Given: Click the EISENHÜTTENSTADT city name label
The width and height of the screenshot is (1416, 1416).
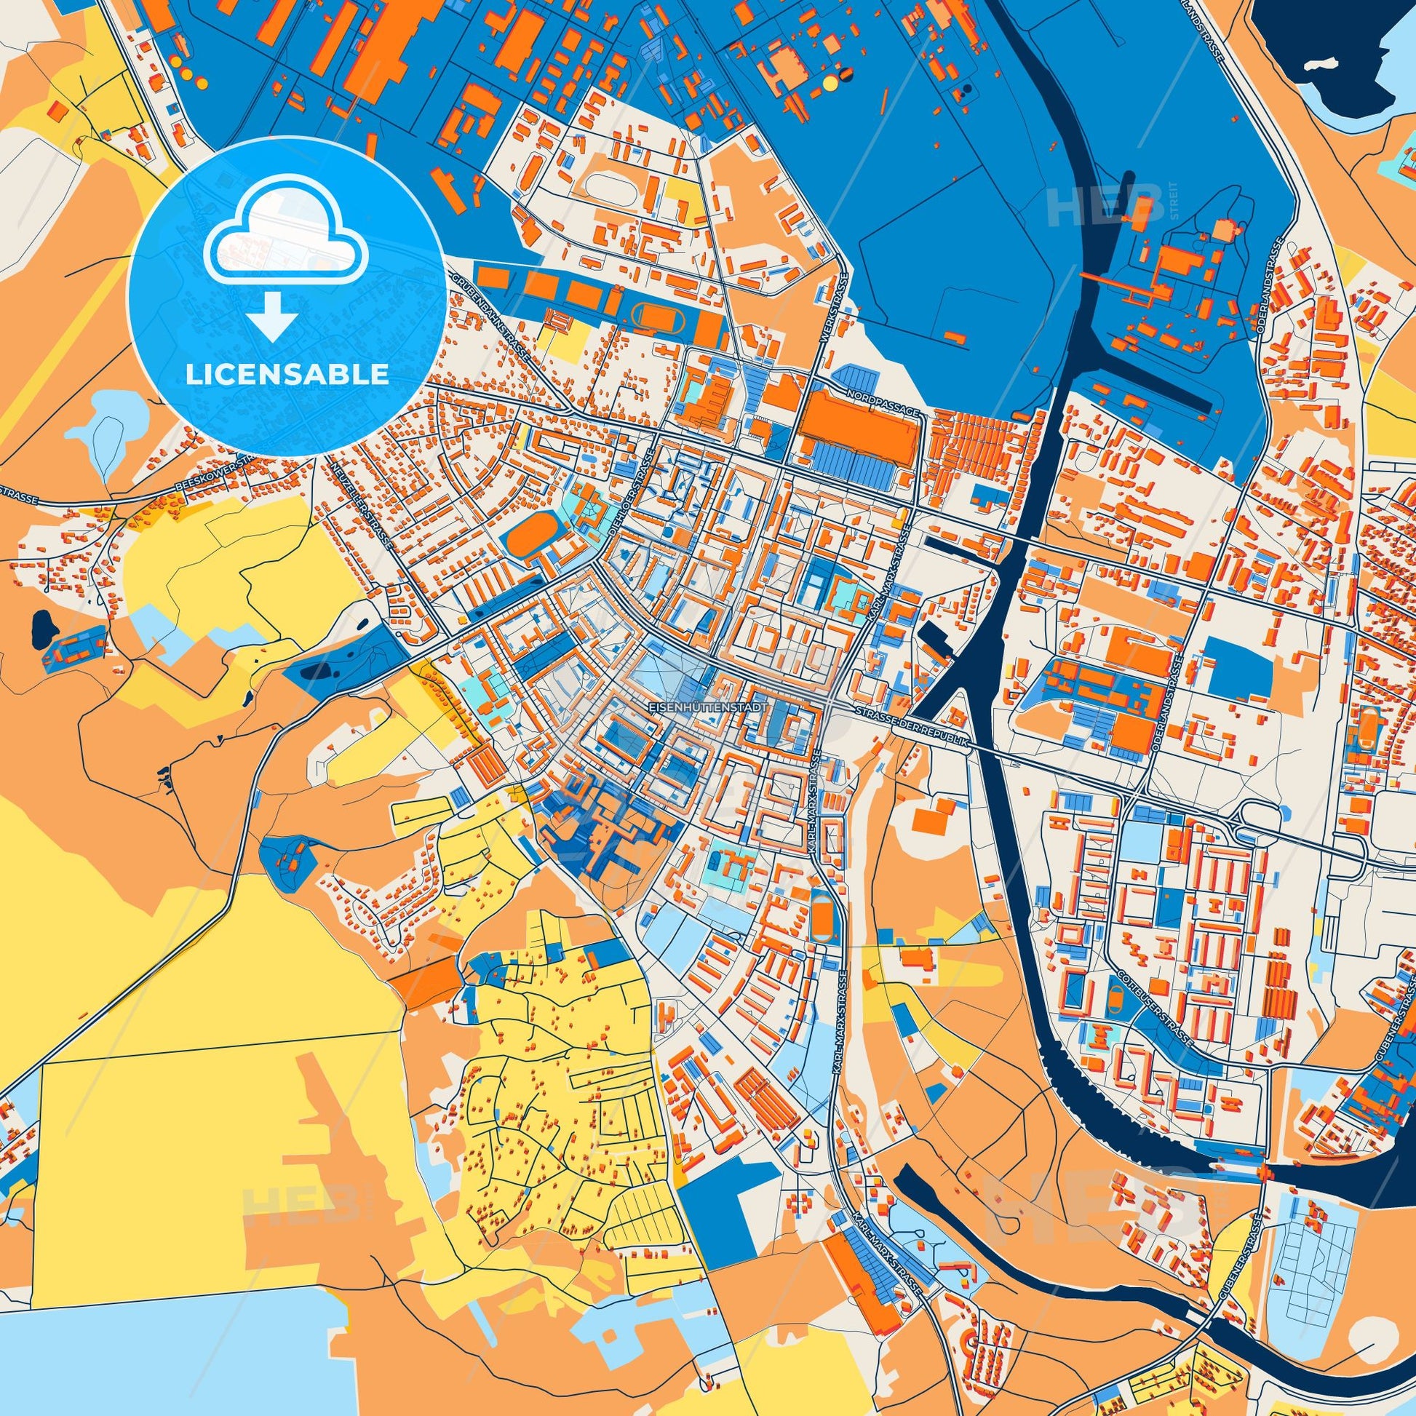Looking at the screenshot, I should coord(709,709).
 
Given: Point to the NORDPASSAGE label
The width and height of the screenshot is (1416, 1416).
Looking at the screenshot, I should coord(882,402).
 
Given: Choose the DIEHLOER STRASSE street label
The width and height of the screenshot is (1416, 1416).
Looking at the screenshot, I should coord(631,499).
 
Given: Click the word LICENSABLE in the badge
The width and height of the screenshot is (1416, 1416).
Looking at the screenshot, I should coord(287,375).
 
